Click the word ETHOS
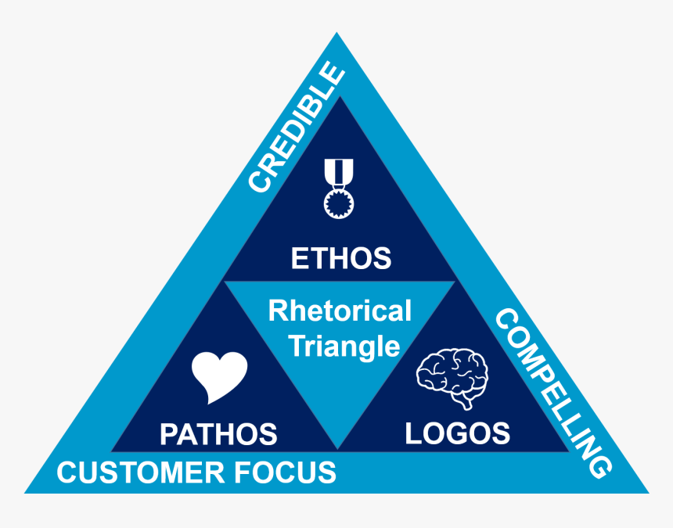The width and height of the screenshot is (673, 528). tap(340, 258)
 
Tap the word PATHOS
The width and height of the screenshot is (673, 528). tap(218, 433)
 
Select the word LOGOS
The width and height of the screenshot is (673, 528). tap(458, 433)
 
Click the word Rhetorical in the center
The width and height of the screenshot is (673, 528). tap(340, 311)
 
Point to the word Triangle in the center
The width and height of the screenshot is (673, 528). tap(344, 345)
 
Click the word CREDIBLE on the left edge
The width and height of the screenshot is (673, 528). tap(297, 128)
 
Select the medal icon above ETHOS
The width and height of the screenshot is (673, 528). tap(339, 187)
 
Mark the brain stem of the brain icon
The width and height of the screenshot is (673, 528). tap(468, 402)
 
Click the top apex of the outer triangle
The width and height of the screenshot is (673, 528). tap(336, 34)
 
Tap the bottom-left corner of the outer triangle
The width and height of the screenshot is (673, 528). tap(27, 492)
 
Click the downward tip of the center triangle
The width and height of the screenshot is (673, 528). tap(338, 447)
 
